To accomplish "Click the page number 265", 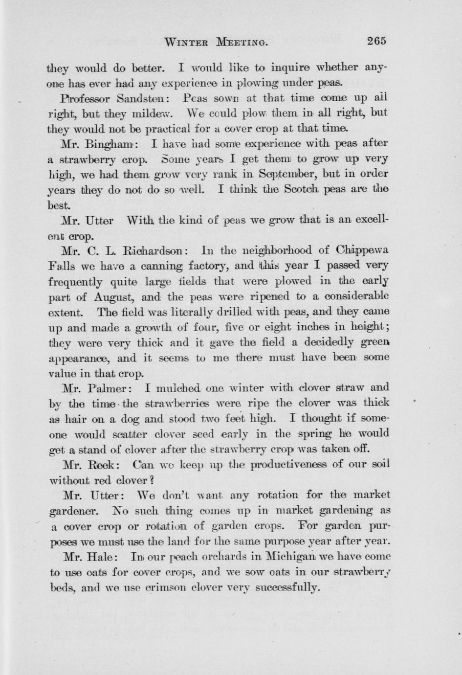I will [x=376, y=41].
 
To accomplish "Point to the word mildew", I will [x=150, y=113].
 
